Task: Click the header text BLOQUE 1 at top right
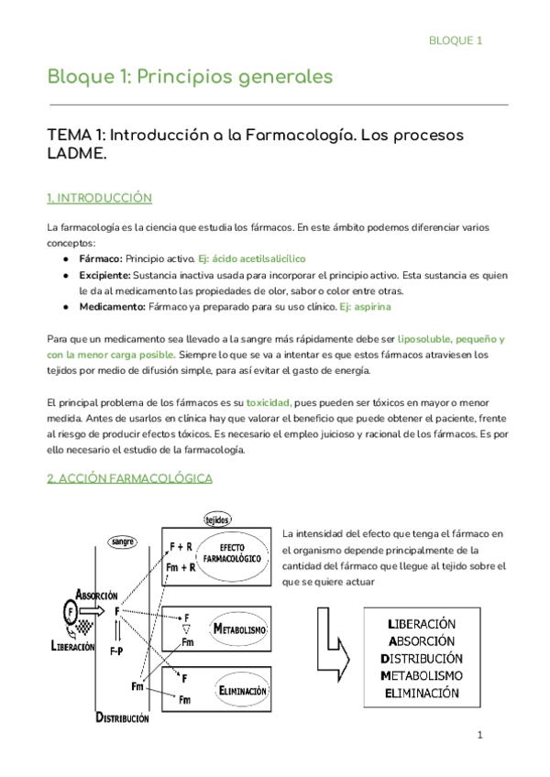[x=456, y=40]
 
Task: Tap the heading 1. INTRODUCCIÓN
[x=99, y=198]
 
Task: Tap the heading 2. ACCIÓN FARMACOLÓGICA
[x=129, y=478]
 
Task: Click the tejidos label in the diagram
[x=216, y=519]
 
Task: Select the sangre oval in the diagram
[x=123, y=542]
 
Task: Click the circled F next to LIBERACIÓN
[x=71, y=609]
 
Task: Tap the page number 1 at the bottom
[x=478, y=736]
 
